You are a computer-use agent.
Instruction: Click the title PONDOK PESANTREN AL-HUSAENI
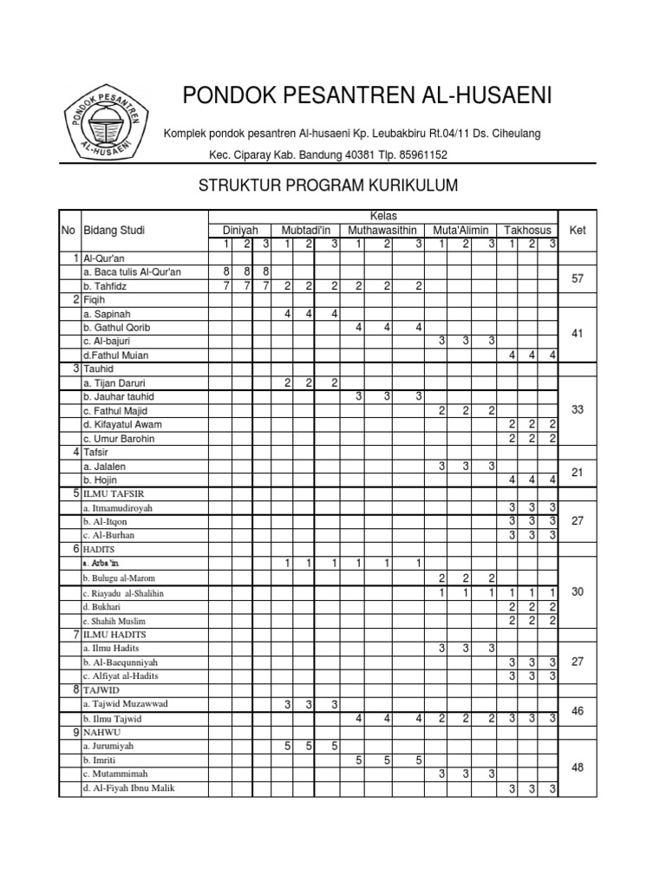(366, 95)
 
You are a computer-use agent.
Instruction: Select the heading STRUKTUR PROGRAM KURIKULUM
(329, 186)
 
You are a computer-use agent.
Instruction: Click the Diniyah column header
(240, 230)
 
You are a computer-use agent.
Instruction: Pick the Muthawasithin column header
(382, 230)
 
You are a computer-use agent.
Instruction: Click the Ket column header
(577, 230)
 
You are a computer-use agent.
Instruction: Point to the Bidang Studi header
(114, 230)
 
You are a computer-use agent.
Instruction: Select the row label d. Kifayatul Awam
(122, 424)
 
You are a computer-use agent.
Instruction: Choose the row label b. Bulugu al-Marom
(120, 578)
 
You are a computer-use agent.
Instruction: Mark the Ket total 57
(578, 278)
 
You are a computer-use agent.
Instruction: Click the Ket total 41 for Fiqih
(578, 333)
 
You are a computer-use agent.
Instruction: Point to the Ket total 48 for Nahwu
(578, 767)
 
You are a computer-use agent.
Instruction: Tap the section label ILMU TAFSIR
(116, 493)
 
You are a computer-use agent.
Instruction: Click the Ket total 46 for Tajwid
(578, 710)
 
